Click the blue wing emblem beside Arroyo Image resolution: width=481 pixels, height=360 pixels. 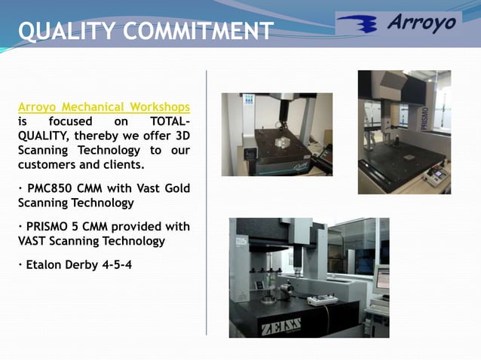pos(361,25)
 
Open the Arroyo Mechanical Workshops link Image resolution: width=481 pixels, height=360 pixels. pos(104,107)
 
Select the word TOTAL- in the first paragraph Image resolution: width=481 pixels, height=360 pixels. pos(170,121)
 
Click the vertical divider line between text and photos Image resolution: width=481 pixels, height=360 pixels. pos(207,203)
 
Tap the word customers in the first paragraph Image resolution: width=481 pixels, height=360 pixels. pos(49,164)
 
